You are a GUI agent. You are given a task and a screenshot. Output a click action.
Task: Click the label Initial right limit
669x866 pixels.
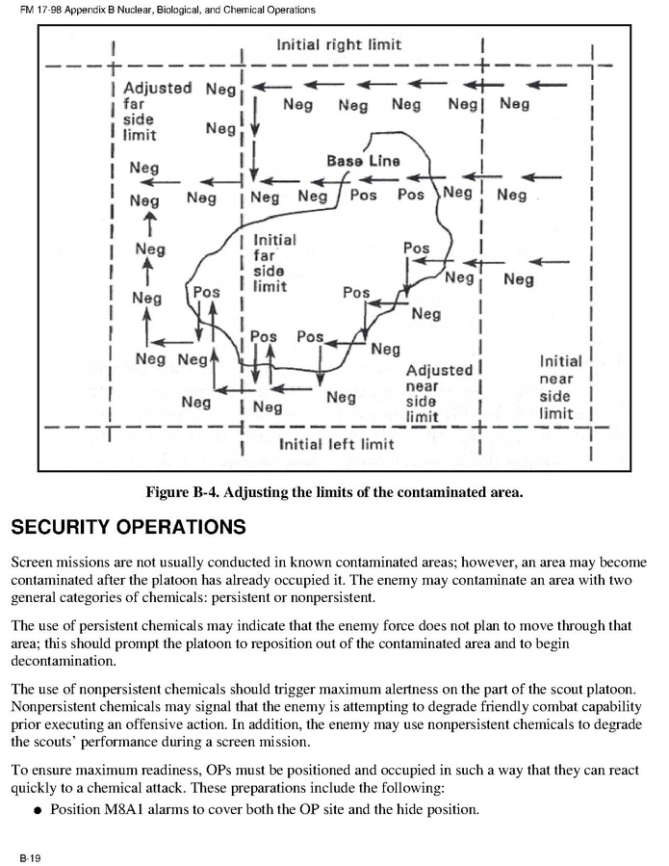[338, 44]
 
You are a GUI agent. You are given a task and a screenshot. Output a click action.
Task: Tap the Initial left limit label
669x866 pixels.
[336, 444]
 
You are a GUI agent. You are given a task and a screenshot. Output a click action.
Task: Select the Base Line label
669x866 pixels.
[363, 161]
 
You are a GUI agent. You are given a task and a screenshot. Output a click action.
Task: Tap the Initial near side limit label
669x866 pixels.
[560, 387]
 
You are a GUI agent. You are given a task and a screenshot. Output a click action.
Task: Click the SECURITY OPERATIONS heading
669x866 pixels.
[128, 528]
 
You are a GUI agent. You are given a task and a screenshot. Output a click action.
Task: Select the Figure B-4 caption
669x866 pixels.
[334, 492]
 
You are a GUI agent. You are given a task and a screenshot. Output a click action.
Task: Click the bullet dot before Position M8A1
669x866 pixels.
[38, 810]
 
